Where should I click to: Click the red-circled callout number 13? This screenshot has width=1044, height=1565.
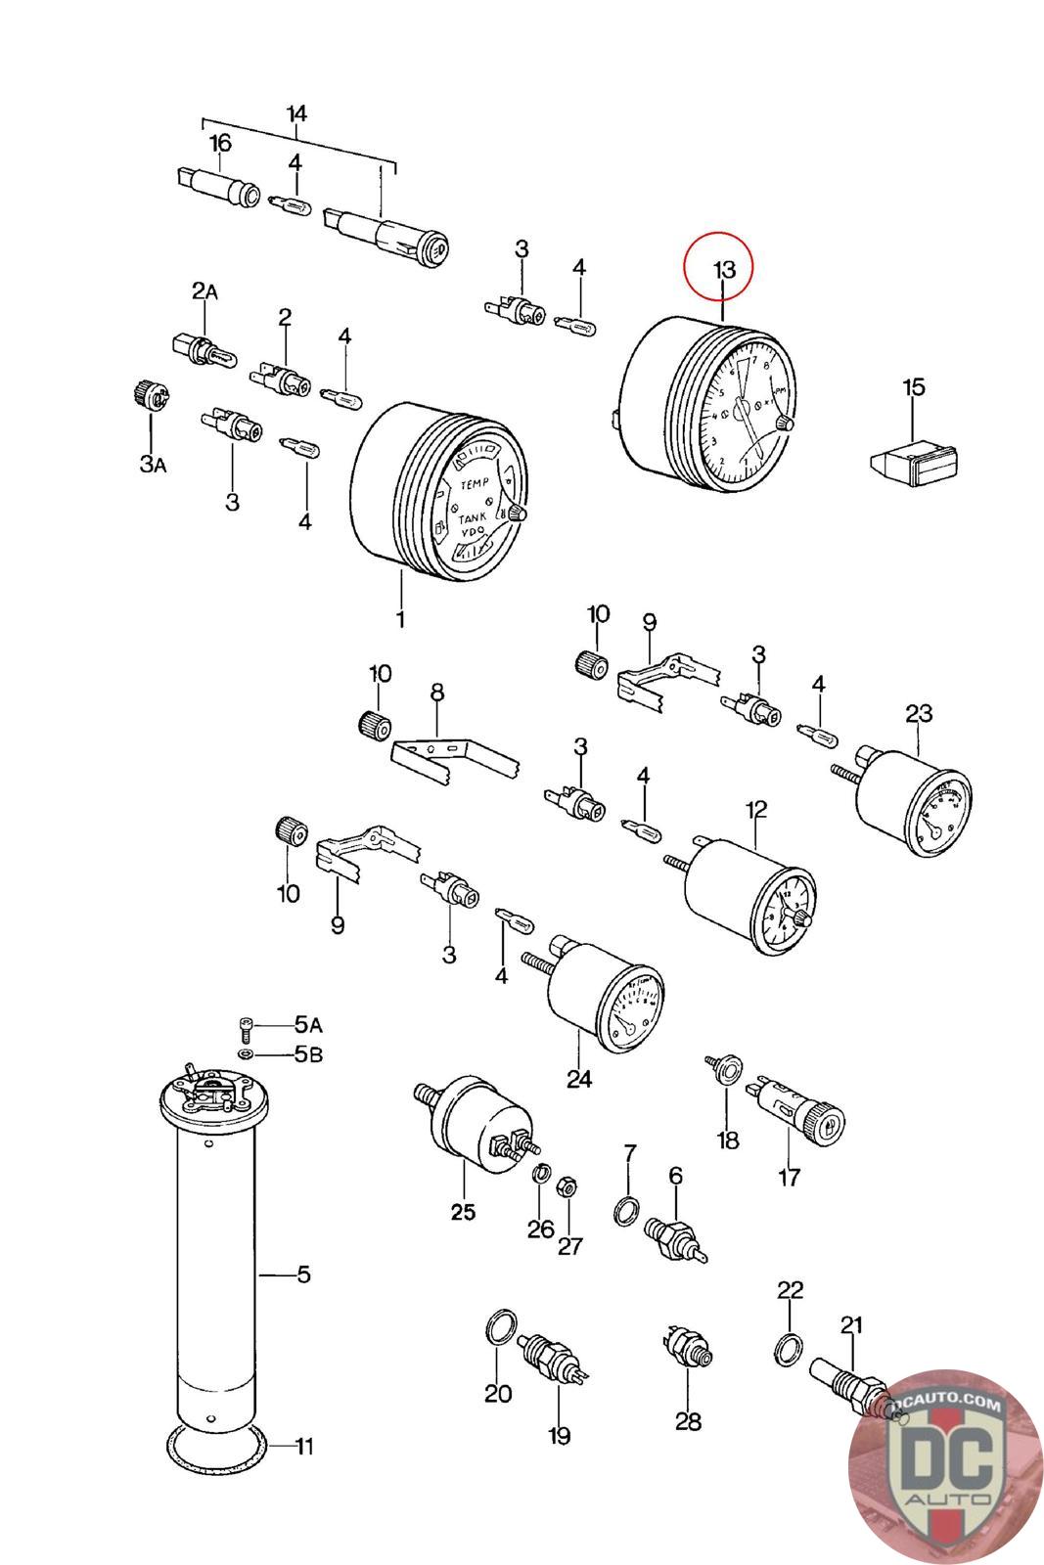722,268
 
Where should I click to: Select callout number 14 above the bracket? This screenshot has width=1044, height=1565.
296,114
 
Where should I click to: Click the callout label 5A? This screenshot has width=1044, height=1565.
308,1025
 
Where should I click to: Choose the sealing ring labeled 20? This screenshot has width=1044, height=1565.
499,1330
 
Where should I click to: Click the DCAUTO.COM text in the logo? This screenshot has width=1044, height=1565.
946,1406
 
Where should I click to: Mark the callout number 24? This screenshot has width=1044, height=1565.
578,1079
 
